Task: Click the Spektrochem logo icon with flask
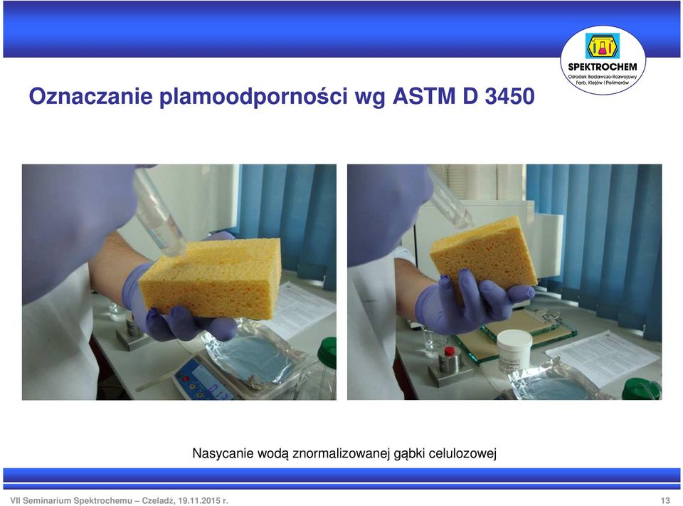[x=602, y=46]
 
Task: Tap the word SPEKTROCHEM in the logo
[x=603, y=67]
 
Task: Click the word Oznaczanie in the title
[x=90, y=96]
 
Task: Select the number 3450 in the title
[x=509, y=96]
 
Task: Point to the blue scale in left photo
[x=203, y=379]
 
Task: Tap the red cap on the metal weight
[x=449, y=351]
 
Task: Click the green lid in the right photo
[x=642, y=389]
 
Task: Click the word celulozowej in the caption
[x=462, y=453]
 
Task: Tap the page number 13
[x=665, y=500]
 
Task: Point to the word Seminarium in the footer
[x=47, y=500]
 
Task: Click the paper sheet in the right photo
[x=603, y=357]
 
